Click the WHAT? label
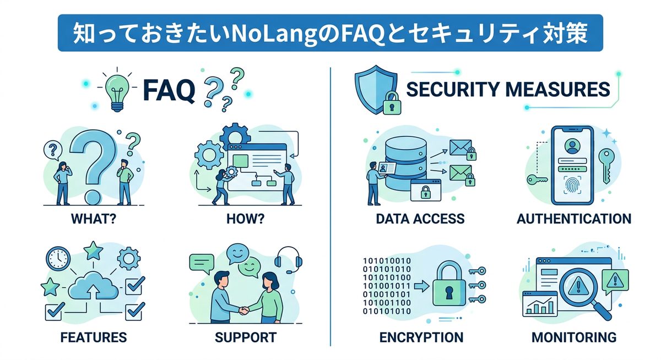pos(94,219)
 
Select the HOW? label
pos(245,219)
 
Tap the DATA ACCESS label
pos(420,219)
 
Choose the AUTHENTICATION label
pos(573,219)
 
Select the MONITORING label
pos(573,336)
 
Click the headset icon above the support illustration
pos(285,257)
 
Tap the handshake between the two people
pos(243,310)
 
